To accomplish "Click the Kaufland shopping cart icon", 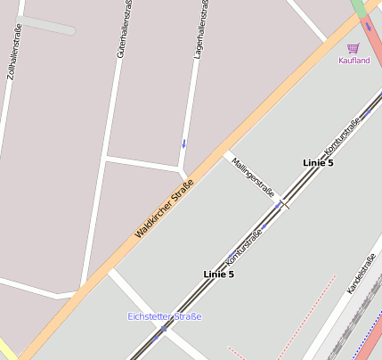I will point(354,48).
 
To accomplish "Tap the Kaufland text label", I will point(354,61).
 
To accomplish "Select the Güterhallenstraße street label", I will point(124,29).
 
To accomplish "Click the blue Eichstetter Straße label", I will point(165,316).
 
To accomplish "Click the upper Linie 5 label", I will point(318,162).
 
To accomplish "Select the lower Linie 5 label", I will point(218,274).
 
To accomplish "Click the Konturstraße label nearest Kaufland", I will point(343,134).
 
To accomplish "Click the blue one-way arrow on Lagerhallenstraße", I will point(184,143).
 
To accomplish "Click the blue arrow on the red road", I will point(368,27).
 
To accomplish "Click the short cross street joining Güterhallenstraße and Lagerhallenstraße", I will point(142,163).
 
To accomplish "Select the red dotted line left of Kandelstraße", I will point(307,312).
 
